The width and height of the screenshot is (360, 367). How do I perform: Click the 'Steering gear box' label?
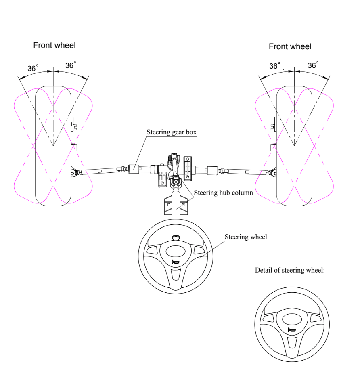(x=172, y=132)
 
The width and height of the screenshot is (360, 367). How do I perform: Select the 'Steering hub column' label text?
(x=224, y=193)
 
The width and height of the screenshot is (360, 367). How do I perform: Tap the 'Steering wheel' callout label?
(x=246, y=237)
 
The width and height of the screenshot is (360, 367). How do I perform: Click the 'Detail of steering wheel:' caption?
(x=290, y=271)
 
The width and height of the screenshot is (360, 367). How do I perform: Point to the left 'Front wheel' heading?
(x=54, y=45)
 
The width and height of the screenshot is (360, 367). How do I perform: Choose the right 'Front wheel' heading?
(x=290, y=46)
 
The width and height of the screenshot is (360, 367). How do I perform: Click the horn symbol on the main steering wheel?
(x=175, y=262)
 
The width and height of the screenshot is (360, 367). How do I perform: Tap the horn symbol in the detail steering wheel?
(x=292, y=330)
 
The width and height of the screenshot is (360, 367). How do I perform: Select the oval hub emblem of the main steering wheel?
(x=176, y=252)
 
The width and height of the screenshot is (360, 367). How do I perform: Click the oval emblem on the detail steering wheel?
(x=292, y=319)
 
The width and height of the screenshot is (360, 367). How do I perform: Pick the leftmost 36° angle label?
(x=33, y=68)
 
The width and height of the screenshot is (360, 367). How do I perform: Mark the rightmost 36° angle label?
(x=313, y=65)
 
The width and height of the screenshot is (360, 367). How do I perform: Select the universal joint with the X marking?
(x=175, y=181)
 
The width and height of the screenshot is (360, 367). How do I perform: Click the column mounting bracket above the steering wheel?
(x=176, y=205)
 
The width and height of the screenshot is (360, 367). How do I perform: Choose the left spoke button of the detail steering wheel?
(x=268, y=318)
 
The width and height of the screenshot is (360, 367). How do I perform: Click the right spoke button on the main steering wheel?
(x=199, y=250)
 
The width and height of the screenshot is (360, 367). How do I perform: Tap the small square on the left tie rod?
(x=100, y=171)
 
